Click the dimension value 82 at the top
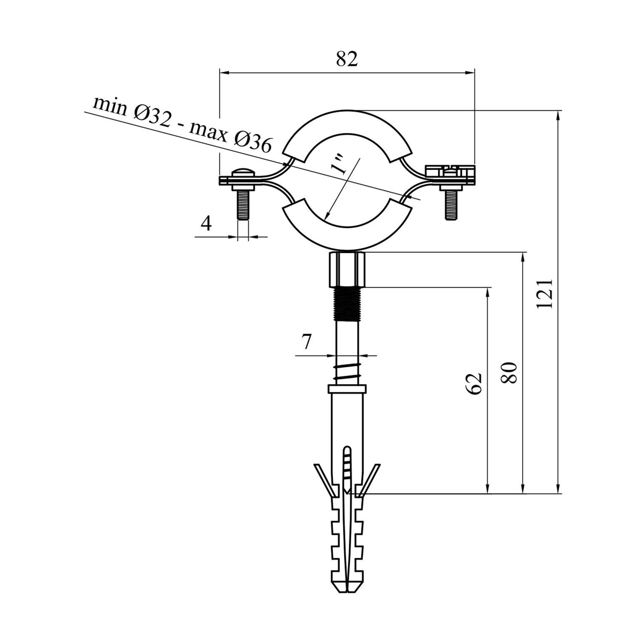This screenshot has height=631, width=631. [x=347, y=59]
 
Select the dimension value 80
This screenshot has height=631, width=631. [x=509, y=372]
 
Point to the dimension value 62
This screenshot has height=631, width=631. [x=474, y=383]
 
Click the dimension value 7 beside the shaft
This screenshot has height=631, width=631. [x=306, y=342]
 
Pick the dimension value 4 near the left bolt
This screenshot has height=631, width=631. [x=206, y=223]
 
